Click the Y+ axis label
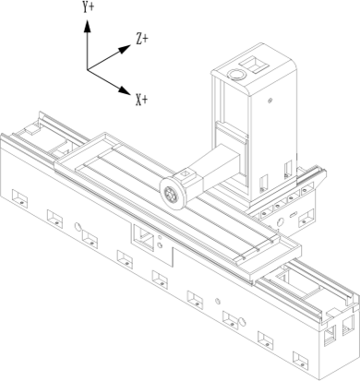[x=90, y=6]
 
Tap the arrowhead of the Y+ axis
[x=87, y=25]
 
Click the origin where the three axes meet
[x=87, y=69]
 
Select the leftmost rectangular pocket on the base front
[x=18, y=196]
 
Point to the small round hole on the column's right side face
[x=271, y=97]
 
